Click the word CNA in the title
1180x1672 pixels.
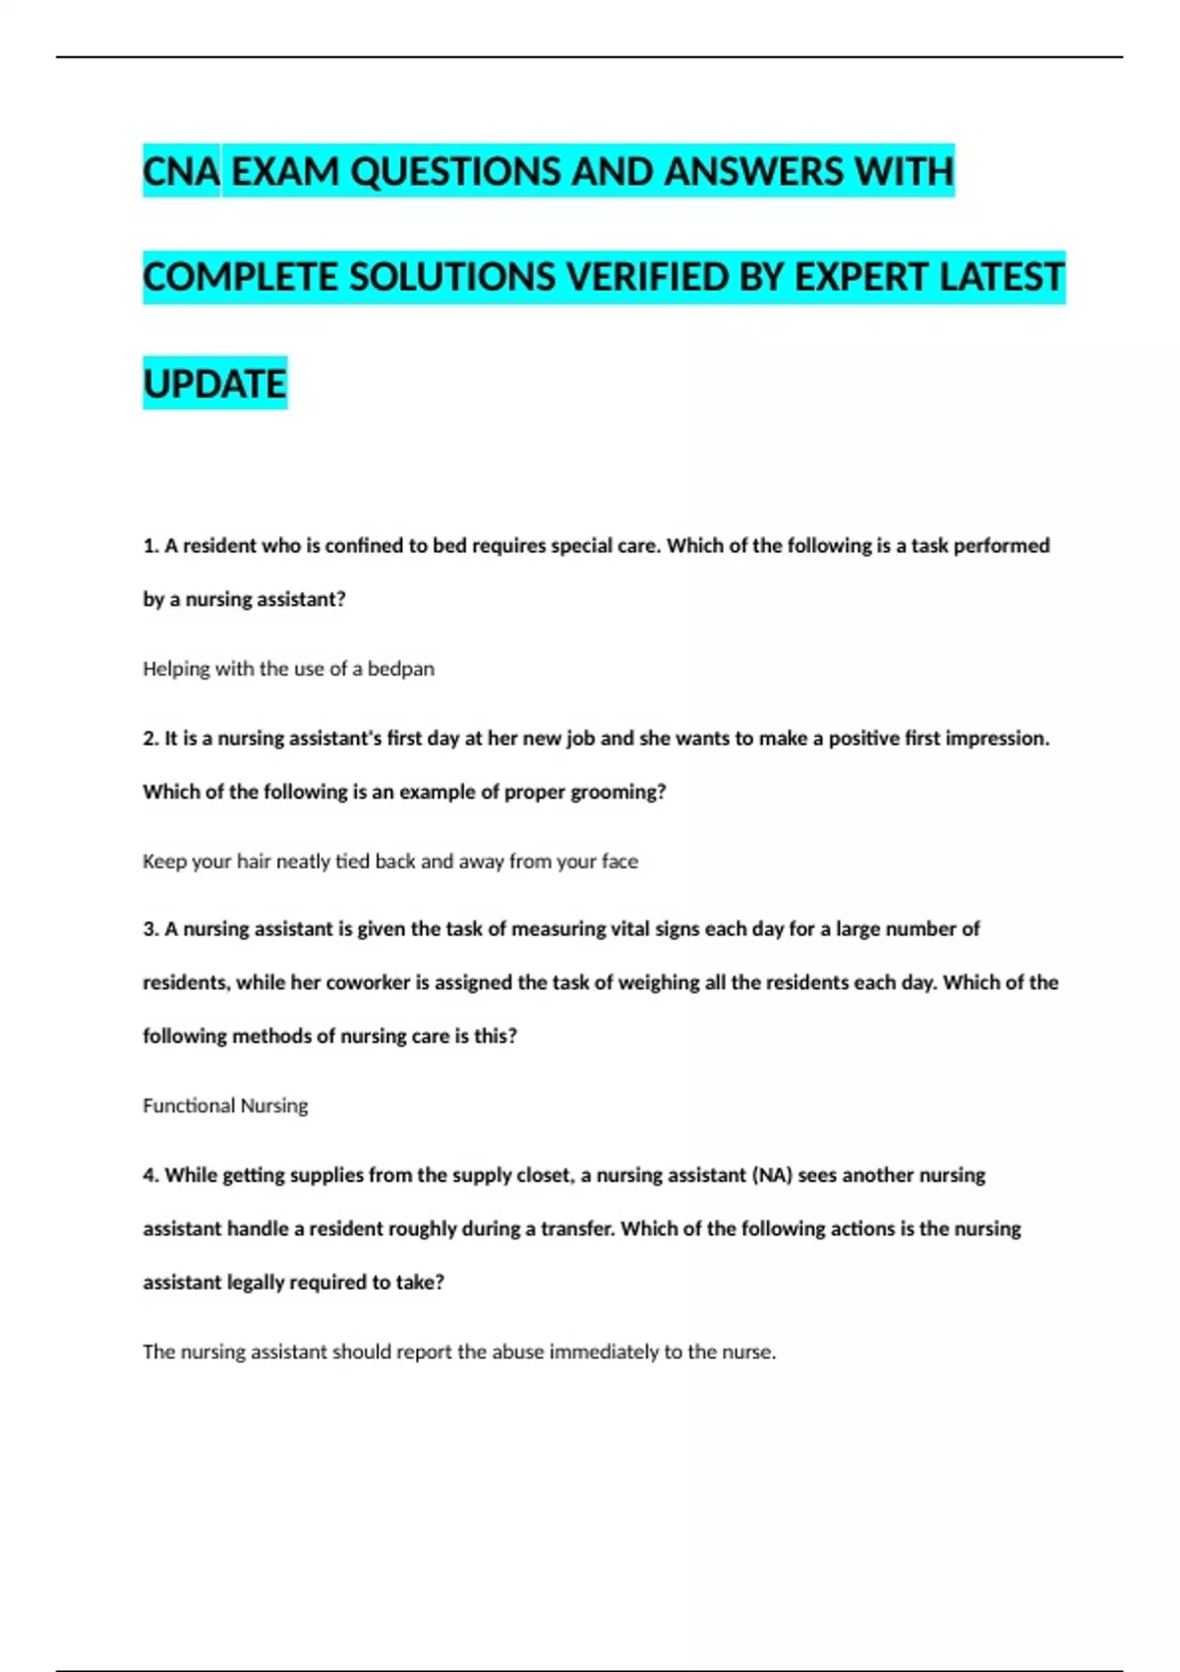(181, 172)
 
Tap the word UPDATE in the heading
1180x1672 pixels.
(214, 384)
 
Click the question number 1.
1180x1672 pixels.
(150, 546)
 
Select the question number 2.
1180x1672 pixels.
(150, 739)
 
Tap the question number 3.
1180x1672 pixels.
(150, 929)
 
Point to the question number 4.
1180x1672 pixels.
(150, 1175)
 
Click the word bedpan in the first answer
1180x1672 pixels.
(400, 669)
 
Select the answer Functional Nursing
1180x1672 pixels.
(225, 1105)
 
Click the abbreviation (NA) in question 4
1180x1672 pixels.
(772, 1175)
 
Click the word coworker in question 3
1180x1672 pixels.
(368, 983)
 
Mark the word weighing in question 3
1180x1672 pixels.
(659, 983)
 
